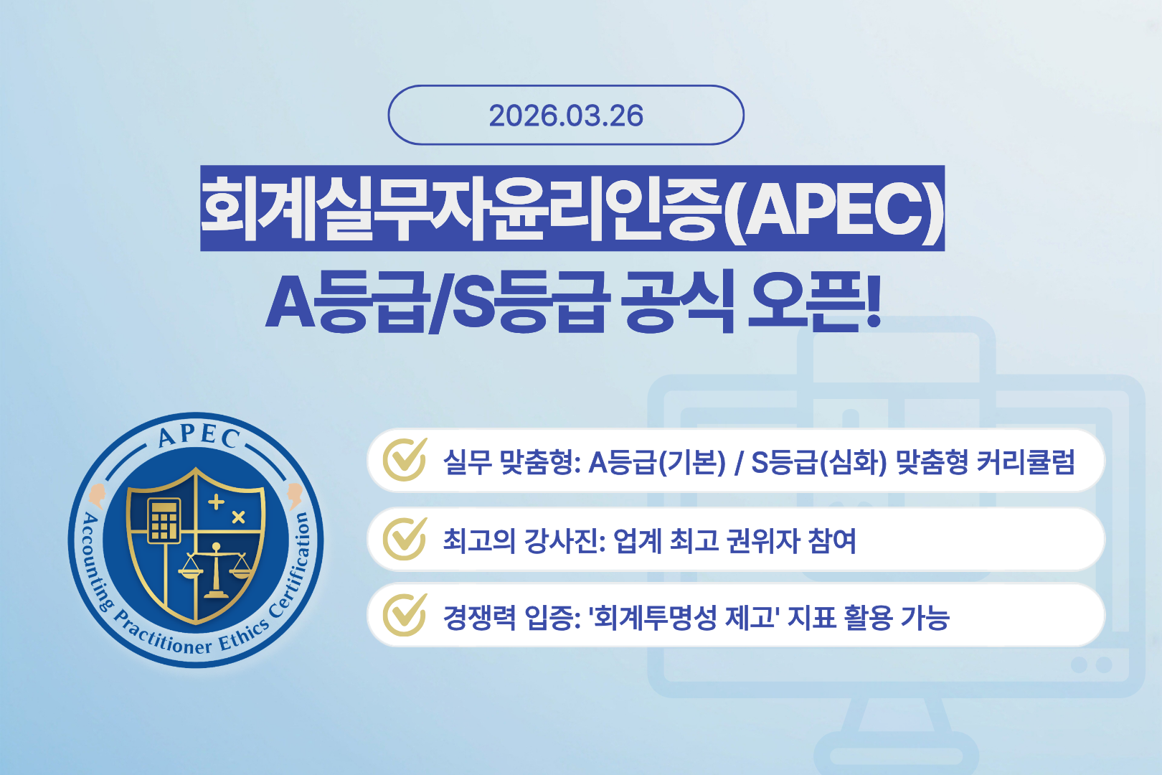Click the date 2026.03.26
[x=566, y=116]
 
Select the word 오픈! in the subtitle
[x=813, y=301]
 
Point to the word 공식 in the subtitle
[x=678, y=301]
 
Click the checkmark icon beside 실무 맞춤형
[x=405, y=460]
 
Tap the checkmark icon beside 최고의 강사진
[x=405, y=539]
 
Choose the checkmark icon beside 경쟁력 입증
[x=405, y=616]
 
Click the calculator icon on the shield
[x=164, y=520]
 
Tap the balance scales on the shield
[x=216, y=571]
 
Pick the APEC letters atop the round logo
[x=199, y=436]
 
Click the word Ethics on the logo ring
[x=244, y=634]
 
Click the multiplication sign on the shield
[x=239, y=517]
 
